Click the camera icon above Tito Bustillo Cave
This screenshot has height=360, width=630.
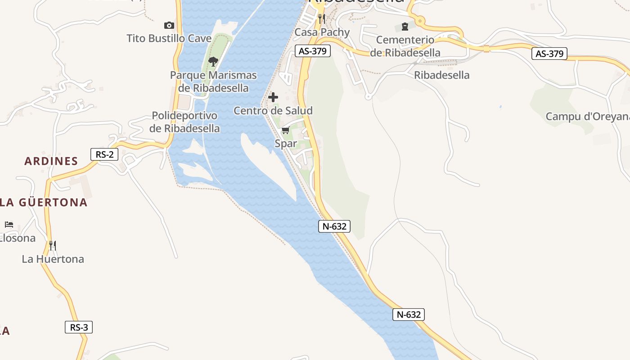(x=169, y=26)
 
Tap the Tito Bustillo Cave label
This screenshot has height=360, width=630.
(x=169, y=38)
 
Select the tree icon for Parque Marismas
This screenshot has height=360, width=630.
(x=213, y=61)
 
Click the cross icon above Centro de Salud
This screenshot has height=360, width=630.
(x=273, y=97)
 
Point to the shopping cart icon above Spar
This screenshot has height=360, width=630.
(x=285, y=130)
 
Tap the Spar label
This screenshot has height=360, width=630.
(x=286, y=144)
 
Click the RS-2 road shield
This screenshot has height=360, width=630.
(x=104, y=154)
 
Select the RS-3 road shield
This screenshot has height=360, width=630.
(x=79, y=327)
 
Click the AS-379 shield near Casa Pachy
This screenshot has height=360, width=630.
(x=313, y=51)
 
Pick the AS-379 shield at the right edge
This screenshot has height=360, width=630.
(x=549, y=54)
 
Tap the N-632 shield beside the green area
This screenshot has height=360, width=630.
(x=335, y=226)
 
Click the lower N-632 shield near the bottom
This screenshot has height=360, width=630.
(x=409, y=315)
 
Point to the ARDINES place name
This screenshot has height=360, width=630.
(x=51, y=161)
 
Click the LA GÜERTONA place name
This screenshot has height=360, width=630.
(x=44, y=202)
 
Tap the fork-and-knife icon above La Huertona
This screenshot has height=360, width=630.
(x=53, y=245)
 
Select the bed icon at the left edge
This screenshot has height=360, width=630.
(x=9, y=224)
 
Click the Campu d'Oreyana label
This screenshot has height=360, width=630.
(x=587, y=117)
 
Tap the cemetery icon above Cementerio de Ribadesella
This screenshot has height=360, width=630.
(x=405, y=27)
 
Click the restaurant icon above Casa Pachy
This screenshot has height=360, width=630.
(x=321, y=18)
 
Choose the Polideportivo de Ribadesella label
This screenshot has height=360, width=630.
(x=184, y=122)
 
